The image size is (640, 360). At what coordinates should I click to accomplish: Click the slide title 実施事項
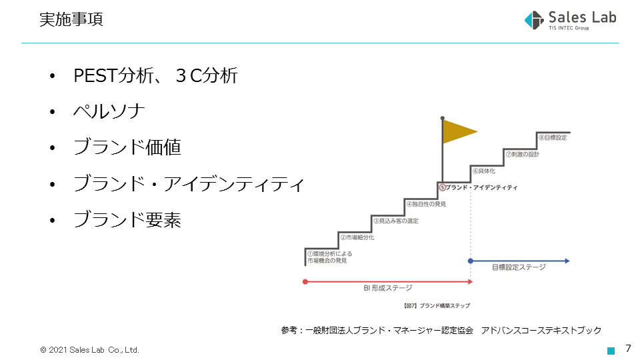[71, 19]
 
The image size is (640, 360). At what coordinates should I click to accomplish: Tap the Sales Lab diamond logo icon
[534, 20]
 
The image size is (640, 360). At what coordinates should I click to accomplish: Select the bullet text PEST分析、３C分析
[155, 75]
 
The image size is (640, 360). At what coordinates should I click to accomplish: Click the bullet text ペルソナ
[109, 111]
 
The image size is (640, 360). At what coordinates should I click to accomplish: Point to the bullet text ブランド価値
[127, 147]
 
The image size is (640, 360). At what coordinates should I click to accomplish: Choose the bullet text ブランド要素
[127, 219]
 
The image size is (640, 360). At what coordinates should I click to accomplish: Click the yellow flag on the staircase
[460, 131]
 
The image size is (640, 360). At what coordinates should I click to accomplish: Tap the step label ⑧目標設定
[553, 137]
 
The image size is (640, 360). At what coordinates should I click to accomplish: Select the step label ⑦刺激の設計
[523, 154]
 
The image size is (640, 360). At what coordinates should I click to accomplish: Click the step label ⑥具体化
[484, 171]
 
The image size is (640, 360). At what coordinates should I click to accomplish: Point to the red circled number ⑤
[443, 187]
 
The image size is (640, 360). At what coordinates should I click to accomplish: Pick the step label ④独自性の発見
[426, 204]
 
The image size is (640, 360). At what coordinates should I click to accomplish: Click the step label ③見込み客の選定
[396, 221]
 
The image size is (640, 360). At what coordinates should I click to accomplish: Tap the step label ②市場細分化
[357, 237]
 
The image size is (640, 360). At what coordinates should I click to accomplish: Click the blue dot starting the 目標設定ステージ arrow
[471, 261]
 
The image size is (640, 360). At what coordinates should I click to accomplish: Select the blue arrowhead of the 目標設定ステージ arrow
[567, 261]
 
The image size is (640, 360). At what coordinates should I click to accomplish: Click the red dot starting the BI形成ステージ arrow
[305, 281]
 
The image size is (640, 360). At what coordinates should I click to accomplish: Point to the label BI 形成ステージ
[388, 288]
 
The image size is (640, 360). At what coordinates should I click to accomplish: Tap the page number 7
[629, 349]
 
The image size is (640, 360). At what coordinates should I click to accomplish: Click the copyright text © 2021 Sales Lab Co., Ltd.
[90, 350]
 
